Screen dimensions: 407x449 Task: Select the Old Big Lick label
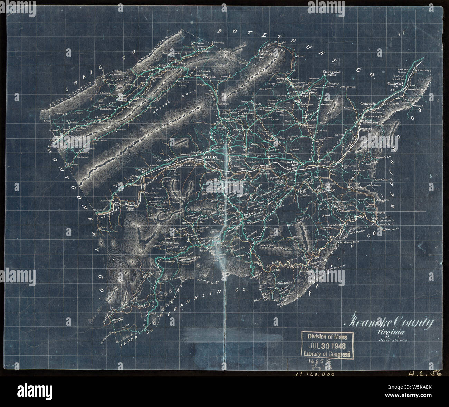(x=293, y=163)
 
